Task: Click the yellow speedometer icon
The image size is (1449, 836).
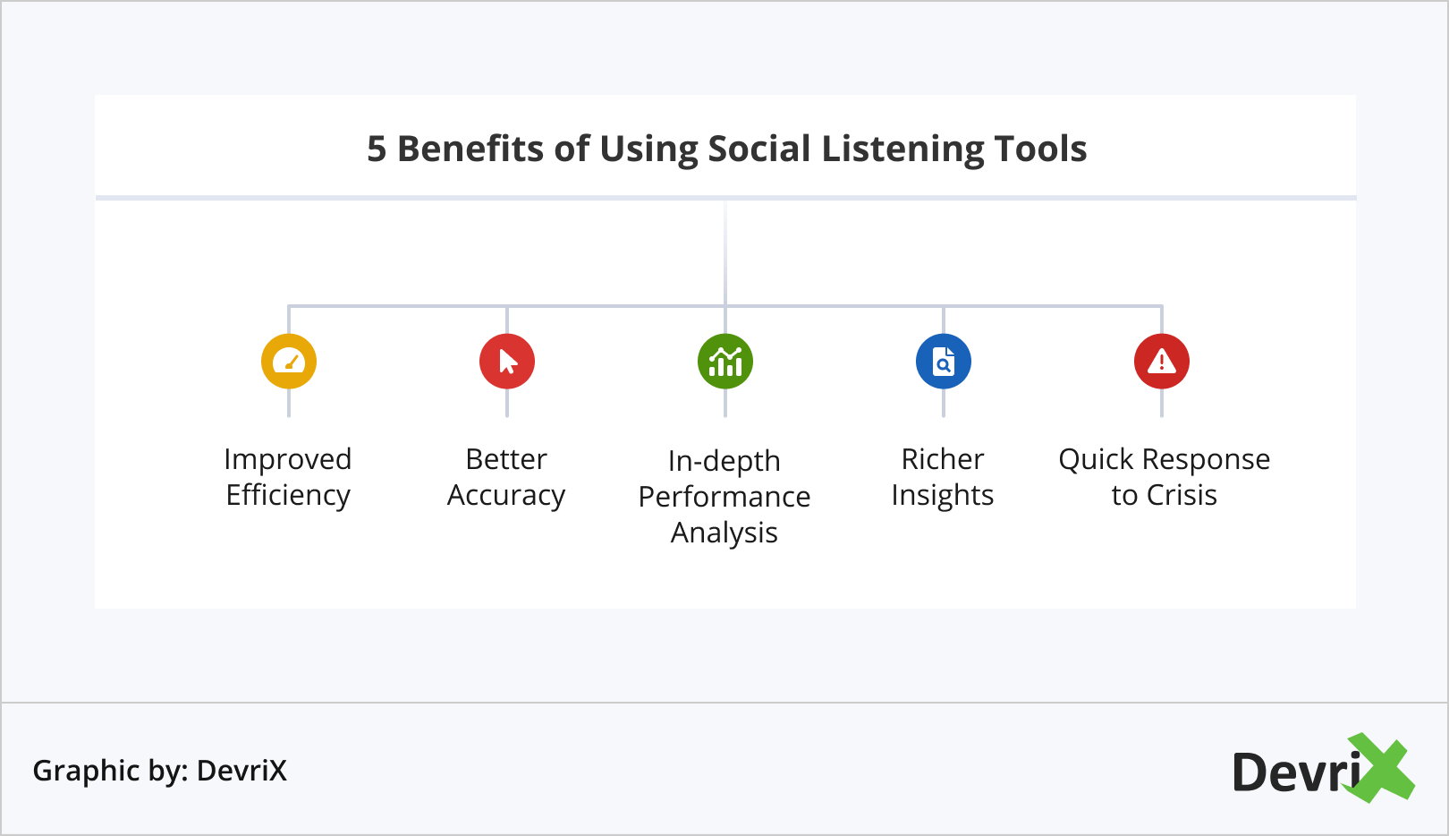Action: click(x=289, y=362)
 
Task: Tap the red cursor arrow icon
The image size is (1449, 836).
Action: click(x=507, y=362)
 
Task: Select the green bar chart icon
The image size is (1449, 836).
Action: click(x=725, y=362)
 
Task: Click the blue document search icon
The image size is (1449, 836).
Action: click(x=944, y=362)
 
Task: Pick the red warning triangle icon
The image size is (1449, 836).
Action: click(x=1162, y=362)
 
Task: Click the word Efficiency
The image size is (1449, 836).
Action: click(x=288, y=495)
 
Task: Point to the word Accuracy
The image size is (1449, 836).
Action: click(x=506, y=495)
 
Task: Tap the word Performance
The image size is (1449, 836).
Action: click(x=724, y=497)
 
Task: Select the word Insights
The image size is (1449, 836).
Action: click(x=943, y=495)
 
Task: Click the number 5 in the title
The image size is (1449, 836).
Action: click(x=377, y=149)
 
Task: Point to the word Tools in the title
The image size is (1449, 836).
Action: click(x=1040, y=149)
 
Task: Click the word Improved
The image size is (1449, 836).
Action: click(x=288, y=459)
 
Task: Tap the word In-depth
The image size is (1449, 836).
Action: click(x=724, y=461)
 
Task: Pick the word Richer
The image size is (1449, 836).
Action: click(x=943, y=459)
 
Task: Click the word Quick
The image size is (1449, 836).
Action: click(x=1097, y=459)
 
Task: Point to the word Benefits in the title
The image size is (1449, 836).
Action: click(x=470, y=149)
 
